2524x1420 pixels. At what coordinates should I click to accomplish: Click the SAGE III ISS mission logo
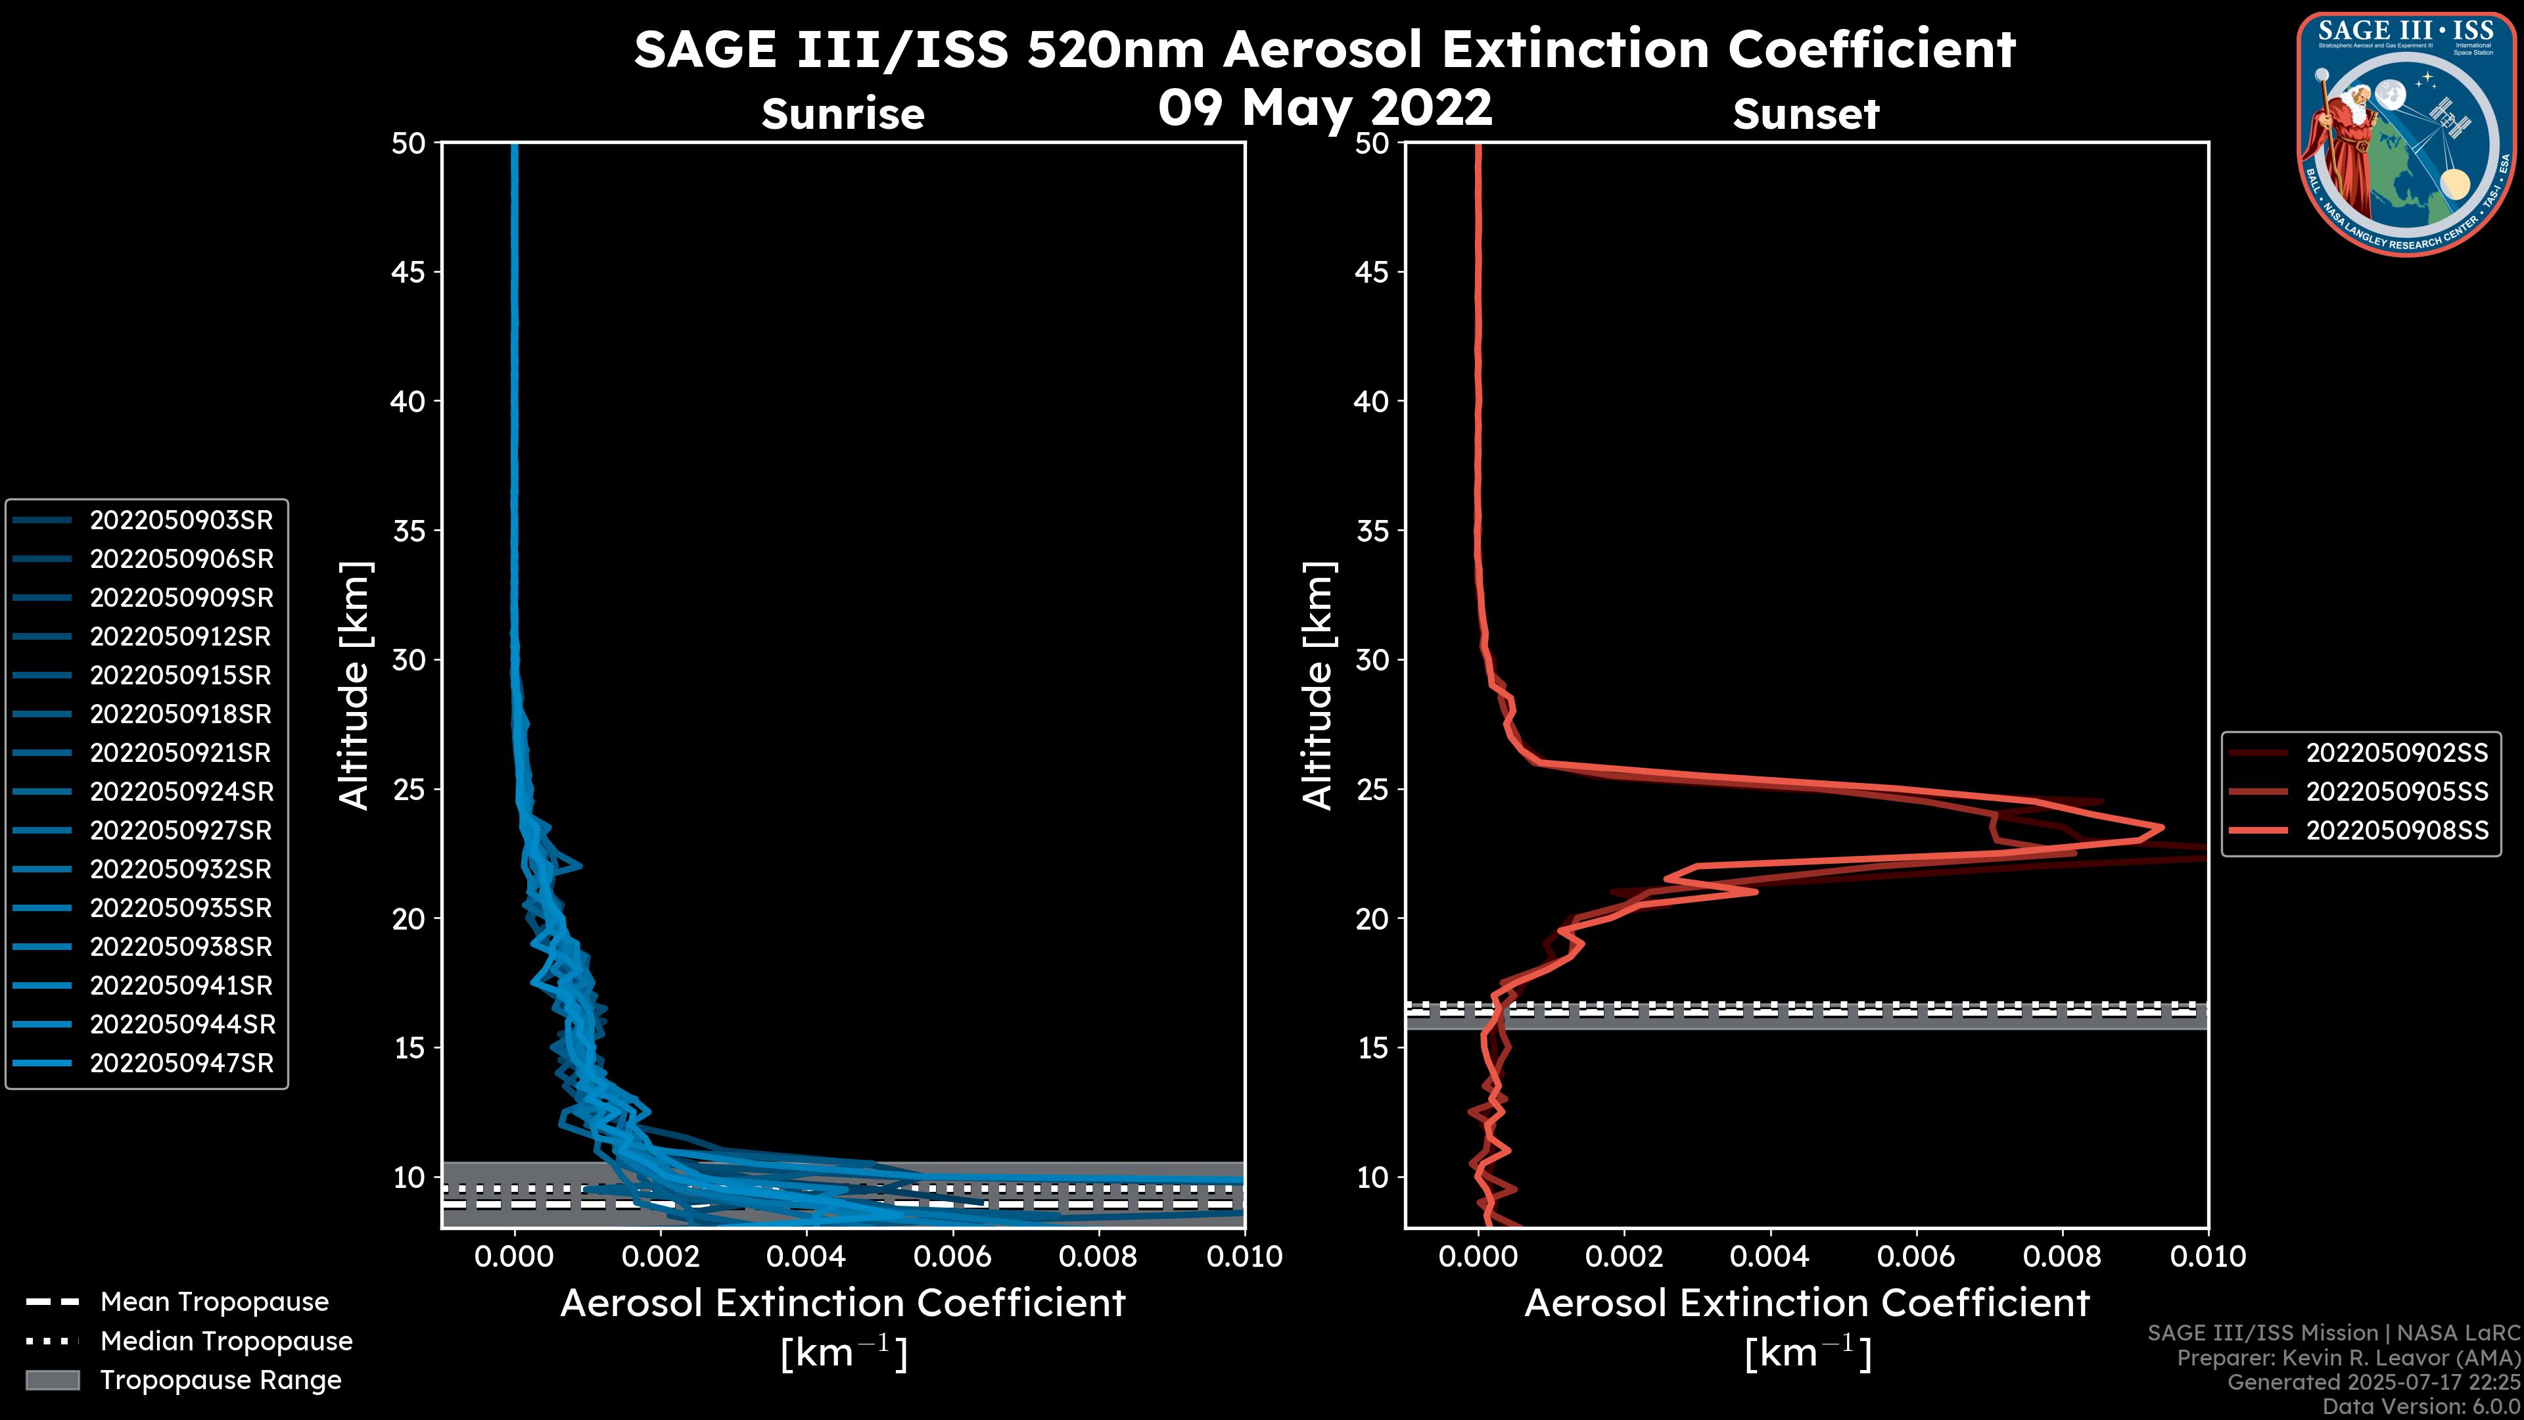pyautogui.click(x=2408, y=134)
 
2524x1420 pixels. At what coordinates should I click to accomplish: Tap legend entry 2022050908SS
pyautogui.click(x=2396, y=831)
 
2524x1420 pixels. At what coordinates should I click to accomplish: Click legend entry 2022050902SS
pyautogui.click(x=2396, y=753)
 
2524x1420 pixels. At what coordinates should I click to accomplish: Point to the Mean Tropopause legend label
pyautogui.click(x=214, y=1302)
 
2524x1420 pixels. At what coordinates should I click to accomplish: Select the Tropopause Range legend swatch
pyautogui.click(x=52, y=1381)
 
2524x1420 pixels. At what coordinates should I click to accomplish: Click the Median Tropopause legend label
pyautogui.click(x=226, y=1342)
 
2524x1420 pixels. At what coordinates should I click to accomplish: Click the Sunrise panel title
pyautogui.click(x=843, y=114)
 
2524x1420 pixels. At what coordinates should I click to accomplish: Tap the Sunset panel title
pyautogui.click(x=1806, y=114)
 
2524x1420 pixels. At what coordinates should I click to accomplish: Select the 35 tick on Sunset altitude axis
pyautogui.click(x=1372, y=531)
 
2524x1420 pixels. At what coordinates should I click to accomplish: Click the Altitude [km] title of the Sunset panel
pyautogui.click(x=1318, y=686)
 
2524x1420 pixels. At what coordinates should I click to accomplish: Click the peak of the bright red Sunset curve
pyautogui.click(x=2161, y=828)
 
